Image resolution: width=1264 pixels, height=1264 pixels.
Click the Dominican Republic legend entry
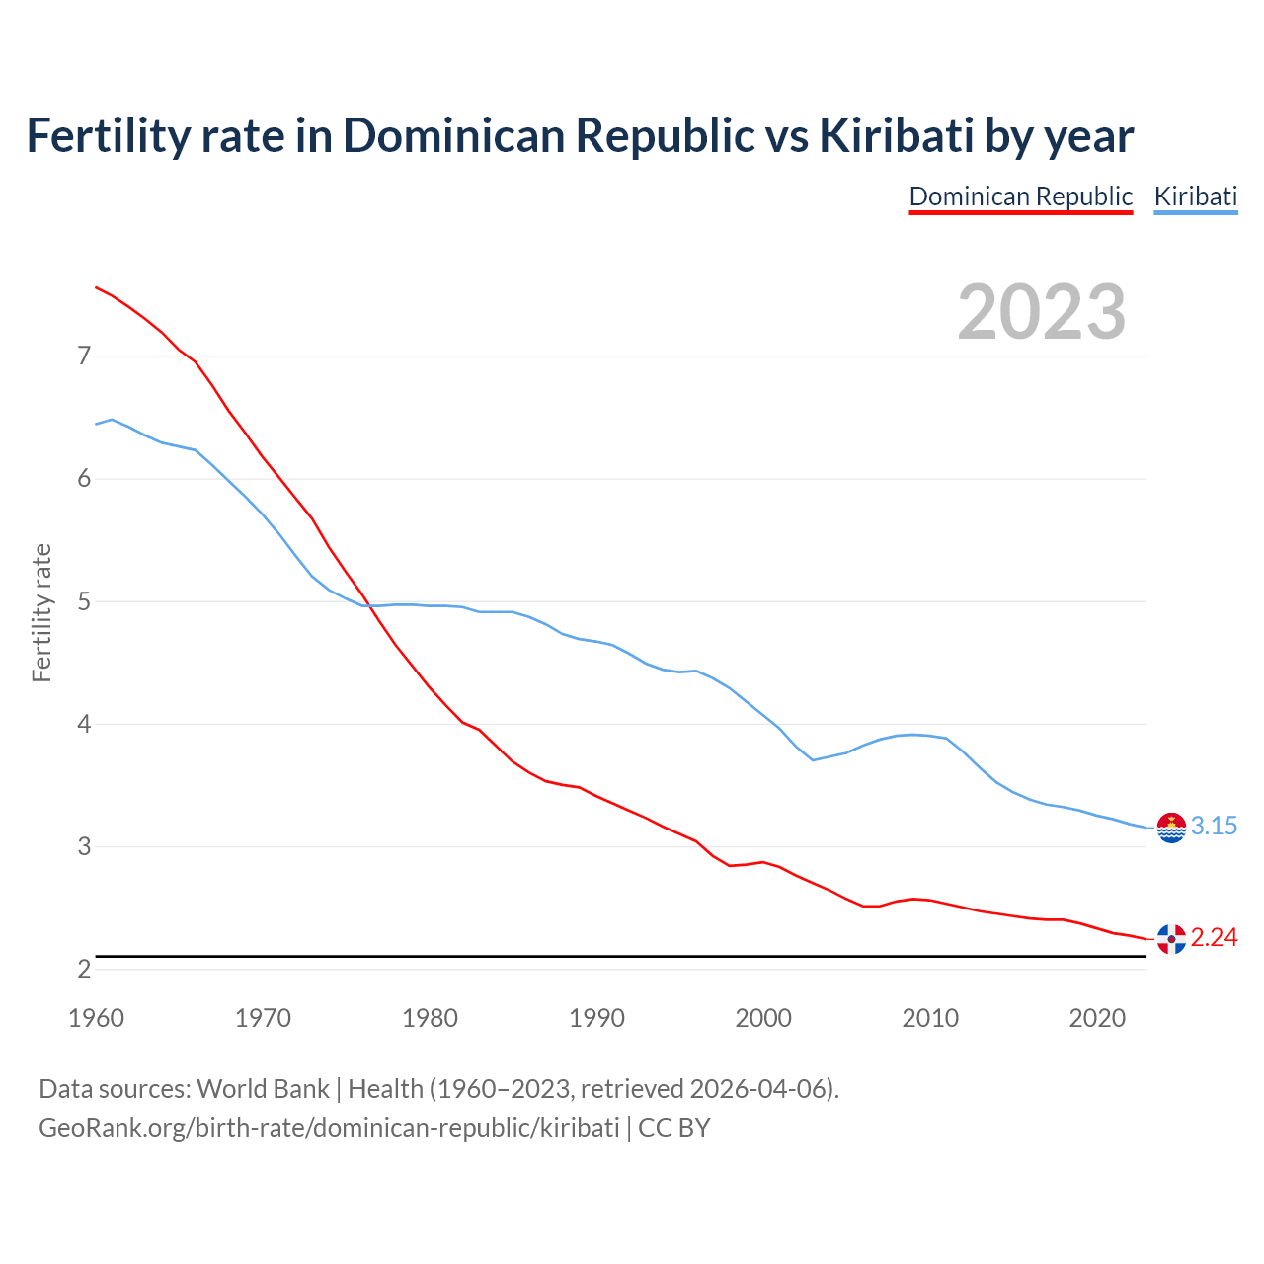point(1020,197)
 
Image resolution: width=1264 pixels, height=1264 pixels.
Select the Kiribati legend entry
point(1195,197)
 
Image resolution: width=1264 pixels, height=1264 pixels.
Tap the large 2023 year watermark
point(1041,312)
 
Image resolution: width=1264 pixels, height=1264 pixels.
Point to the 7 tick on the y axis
point(84,355)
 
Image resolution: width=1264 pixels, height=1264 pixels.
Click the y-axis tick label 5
point(84,601)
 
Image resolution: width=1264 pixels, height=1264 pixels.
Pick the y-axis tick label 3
point(84,846)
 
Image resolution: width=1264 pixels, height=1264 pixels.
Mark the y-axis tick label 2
point(84,970)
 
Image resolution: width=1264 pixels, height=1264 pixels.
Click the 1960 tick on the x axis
point(96,1018)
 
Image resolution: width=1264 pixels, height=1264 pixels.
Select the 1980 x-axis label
point(430,1018)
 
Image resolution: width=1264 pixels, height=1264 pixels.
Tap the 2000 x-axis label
point(763,1018)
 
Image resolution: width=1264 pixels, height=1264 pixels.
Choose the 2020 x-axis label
point(1097,1018)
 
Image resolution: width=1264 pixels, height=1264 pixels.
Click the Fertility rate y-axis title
point(41,612)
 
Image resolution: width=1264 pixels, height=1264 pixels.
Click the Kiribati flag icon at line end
point(1171,828)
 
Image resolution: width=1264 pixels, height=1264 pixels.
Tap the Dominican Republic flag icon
point(1171,939)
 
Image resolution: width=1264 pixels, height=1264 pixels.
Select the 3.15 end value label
point(1214,827)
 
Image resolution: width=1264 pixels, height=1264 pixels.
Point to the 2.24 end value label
point(1214,938)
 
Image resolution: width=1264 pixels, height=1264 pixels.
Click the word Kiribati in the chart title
point(897,135)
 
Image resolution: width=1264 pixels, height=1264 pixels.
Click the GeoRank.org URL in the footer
point(329,1128)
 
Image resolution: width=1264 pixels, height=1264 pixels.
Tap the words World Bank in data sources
point(263,1089)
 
